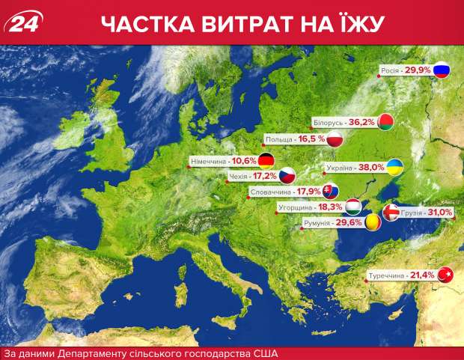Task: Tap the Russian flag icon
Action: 442,71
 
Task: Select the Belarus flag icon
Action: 385,122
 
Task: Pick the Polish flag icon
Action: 336,139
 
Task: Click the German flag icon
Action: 266,159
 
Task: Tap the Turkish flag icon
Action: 447,275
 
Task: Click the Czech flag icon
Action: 287,177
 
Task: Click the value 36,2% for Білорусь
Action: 361,122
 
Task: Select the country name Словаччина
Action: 269,192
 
